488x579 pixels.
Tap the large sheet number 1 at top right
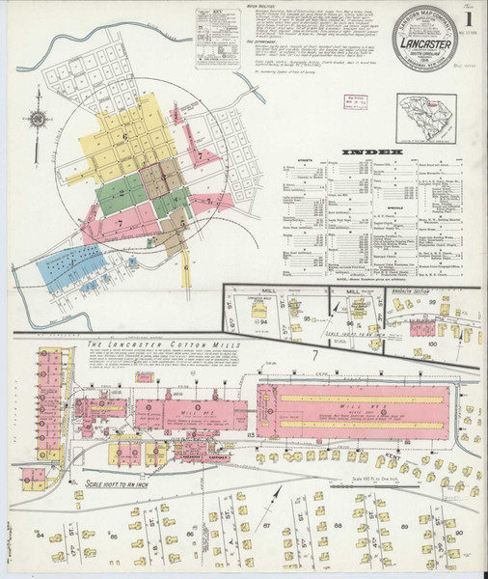(469, 18)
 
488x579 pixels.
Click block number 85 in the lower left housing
(143, 521)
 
